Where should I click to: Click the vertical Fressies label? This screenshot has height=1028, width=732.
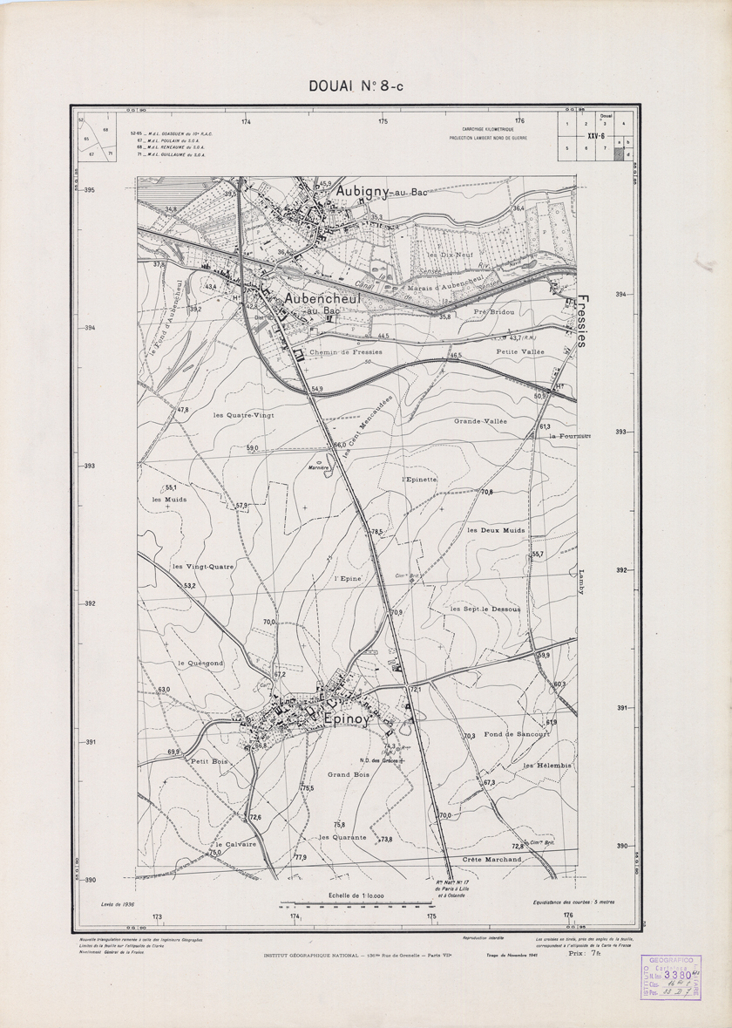[581, 320]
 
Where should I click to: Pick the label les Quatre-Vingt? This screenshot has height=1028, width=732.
[244, 416]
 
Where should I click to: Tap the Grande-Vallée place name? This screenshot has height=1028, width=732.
[479, 421]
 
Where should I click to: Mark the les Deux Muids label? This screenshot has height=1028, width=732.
[496, 530]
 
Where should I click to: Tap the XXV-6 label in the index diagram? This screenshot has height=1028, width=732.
[596, 136]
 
